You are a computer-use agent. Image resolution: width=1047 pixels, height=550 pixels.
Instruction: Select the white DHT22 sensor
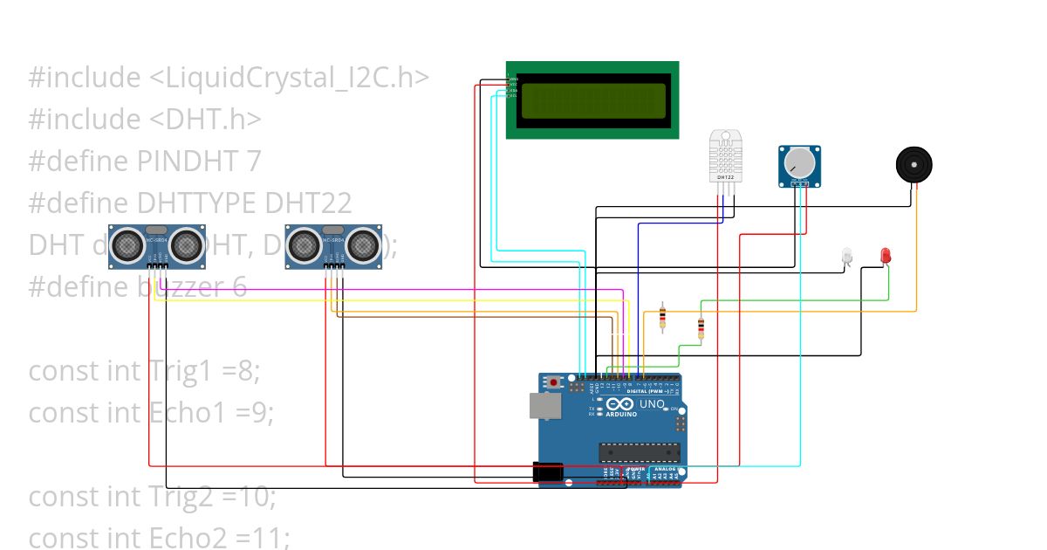(725, 156)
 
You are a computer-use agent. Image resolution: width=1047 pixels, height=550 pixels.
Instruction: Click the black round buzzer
(914, 164)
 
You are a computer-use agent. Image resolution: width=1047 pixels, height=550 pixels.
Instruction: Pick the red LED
(886, 256)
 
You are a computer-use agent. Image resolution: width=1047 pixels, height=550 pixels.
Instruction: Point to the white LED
(845, 256)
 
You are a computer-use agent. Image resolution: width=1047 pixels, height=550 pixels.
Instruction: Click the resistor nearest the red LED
(701, 328)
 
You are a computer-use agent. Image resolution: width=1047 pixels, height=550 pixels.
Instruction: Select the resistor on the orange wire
(662, 318)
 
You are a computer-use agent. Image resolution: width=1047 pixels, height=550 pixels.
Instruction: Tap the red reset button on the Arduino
(554, 382)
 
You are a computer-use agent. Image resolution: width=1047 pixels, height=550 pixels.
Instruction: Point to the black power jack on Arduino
(548, 472)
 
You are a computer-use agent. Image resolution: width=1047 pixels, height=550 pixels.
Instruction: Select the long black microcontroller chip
(639, 451)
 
